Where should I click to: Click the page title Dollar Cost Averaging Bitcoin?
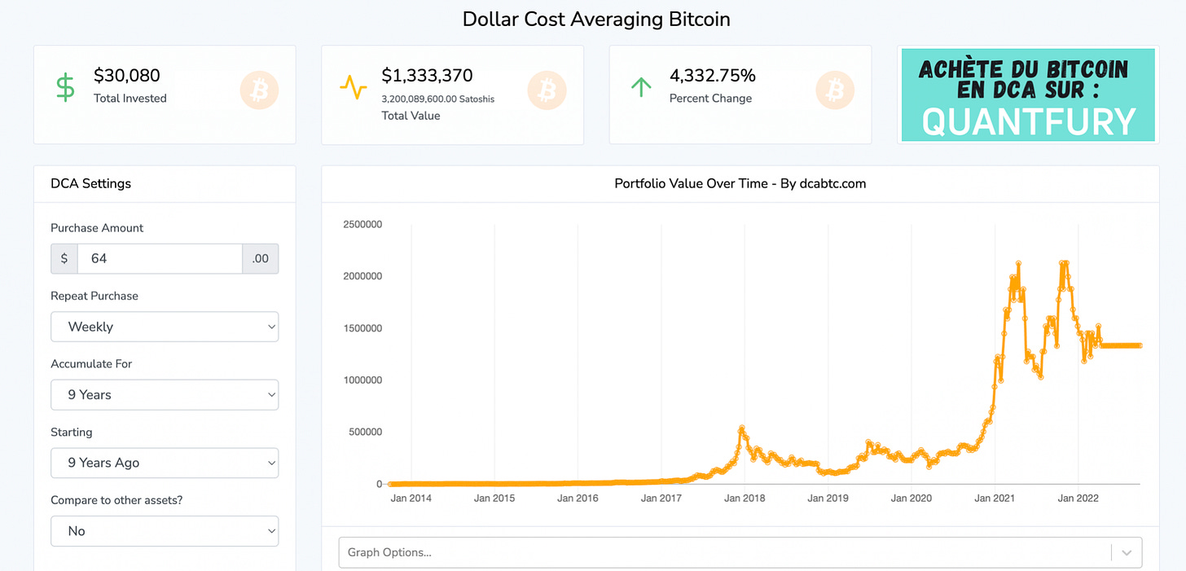pyautogui.click(x=596, y=20)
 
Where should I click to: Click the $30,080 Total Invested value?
pyautogui.click(x=127, y=76)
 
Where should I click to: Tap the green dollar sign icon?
pyautogui.click(x=65, y=87)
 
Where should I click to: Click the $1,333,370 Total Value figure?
pyautogui.click(x=427, y=76)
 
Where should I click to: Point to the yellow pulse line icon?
pyautogui.click(x=354, y=87)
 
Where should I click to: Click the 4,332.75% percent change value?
pyautogui.click(x=712, y=76)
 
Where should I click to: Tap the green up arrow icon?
pyautogui.click(x=641, y=87)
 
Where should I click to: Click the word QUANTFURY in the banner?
pyautogui.click(x=1029, y=122)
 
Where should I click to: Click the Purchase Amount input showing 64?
pyautogui.click(x=160, y=258)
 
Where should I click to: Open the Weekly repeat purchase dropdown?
pyautogui.click(x=165, y=327)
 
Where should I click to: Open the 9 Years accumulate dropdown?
pyautogui.click(x=165, y=394)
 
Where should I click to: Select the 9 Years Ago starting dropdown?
pyautogui.click(x=165, y=463)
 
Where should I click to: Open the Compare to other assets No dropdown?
pyautogui.click(x=165, y=531)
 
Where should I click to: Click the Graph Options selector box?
pyautogui.click(x=725, y=552)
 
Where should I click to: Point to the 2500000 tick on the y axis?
pyautogui.click(x=362, y=224)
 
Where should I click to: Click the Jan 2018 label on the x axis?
pyautogui.click(x=744, y=498)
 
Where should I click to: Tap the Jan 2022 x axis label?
pyautogui.click(x=1078, y=498)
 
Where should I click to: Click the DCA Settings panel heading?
pyautogui.click(x=90, y=184)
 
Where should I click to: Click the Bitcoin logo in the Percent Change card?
pyautogui.click(x=835, y=90)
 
